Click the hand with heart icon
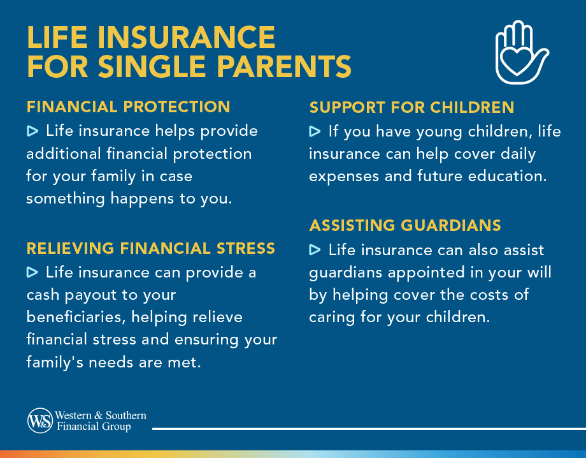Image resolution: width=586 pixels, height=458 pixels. click(520, 52)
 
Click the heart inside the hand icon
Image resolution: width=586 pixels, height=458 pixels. click(515, 63)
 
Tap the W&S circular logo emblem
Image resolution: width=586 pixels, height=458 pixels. click(40, 420)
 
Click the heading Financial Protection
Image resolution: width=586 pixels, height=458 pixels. click(128, 107)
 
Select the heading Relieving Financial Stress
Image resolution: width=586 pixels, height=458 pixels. click(151, 247)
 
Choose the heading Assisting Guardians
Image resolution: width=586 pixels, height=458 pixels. click(405, 225)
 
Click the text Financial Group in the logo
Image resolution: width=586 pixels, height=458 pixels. click(94, 427)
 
